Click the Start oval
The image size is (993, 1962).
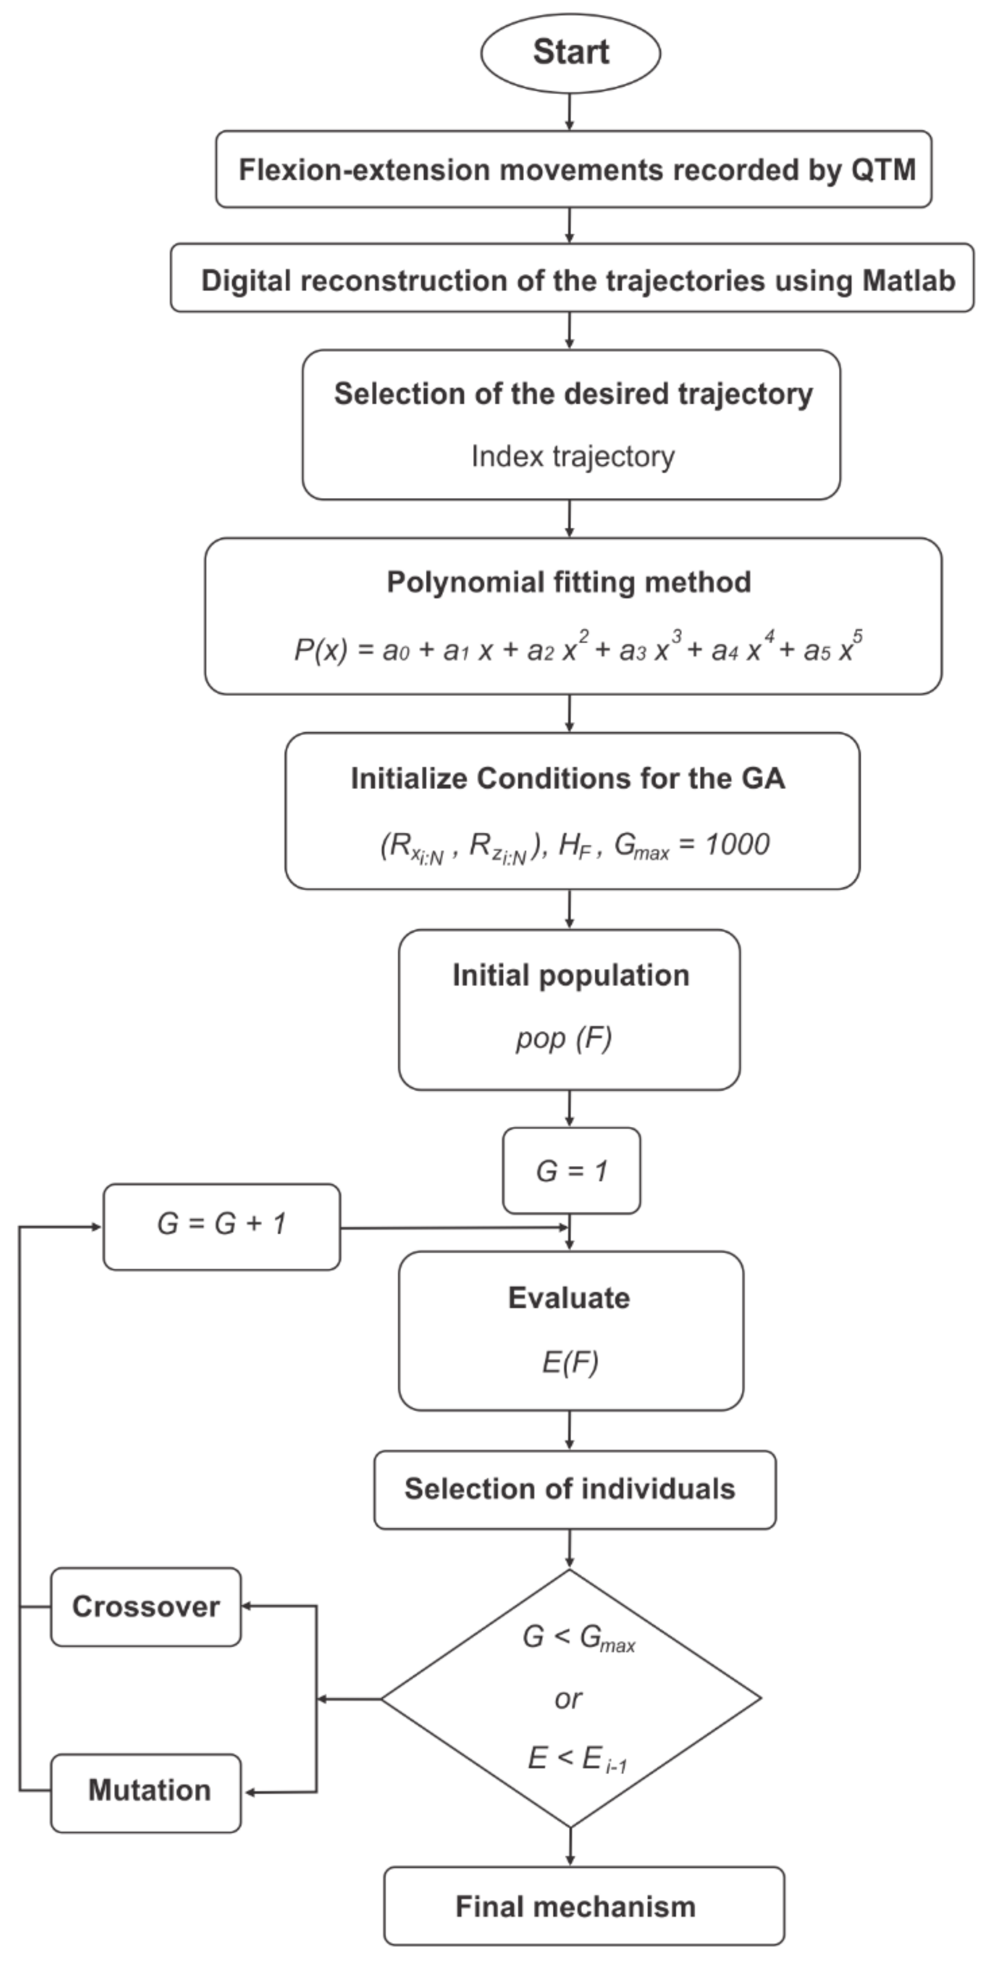pyautogui.click(x=570, y=52)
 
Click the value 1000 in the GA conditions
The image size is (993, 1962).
pyautogui.click(x=737, y=844)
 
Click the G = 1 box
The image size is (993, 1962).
pyautogui.click(x=571, y=1171)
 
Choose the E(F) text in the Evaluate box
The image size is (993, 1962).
pyautogui.click(x=570, y=1362)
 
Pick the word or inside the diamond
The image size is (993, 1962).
pyautogui.click(x=569, y=1698)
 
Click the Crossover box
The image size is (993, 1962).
pyautogui.click(x=145, y=1606)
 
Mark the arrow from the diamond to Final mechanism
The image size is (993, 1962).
pyautogui.click(x=570, y=1846)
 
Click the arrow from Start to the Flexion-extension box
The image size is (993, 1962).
pyautogui.click(x=570, y=112)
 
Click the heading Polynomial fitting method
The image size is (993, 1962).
pyautogui.click(x=569, y=582)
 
